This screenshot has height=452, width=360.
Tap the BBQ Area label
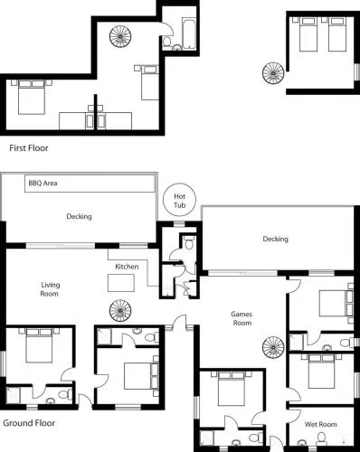[x=43, y=183]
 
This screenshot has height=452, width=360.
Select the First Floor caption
[x=29, y=148]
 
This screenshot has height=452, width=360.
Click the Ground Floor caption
[x=29, y=423]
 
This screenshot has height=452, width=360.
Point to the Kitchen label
[x=127, y=267]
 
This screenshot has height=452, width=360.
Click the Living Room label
[x=50, y=289]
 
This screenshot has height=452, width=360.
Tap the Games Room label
[x=242, y=318]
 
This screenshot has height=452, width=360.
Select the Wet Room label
[x=320, y=424]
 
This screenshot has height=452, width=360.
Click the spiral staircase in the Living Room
[x=120, y=311]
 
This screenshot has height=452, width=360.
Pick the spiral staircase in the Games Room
[x=273, y=347]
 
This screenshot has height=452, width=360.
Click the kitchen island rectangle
[x=121, y=283]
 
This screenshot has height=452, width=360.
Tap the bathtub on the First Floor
[x=189, y=33]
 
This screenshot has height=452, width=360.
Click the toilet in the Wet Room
[x=322, y=438]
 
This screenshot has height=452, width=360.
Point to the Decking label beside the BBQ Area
[x=79, y=216]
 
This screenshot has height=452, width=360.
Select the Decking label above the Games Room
[x=275, y=239]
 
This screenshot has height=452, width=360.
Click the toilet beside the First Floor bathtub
[x=167, y=41]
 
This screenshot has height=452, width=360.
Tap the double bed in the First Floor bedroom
[x=32, y=97]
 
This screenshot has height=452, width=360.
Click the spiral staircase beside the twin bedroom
[x=273, y=73]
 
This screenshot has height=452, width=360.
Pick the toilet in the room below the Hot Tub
[x=189, y=242]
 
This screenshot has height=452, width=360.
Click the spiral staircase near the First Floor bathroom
[x=120, y=36]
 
